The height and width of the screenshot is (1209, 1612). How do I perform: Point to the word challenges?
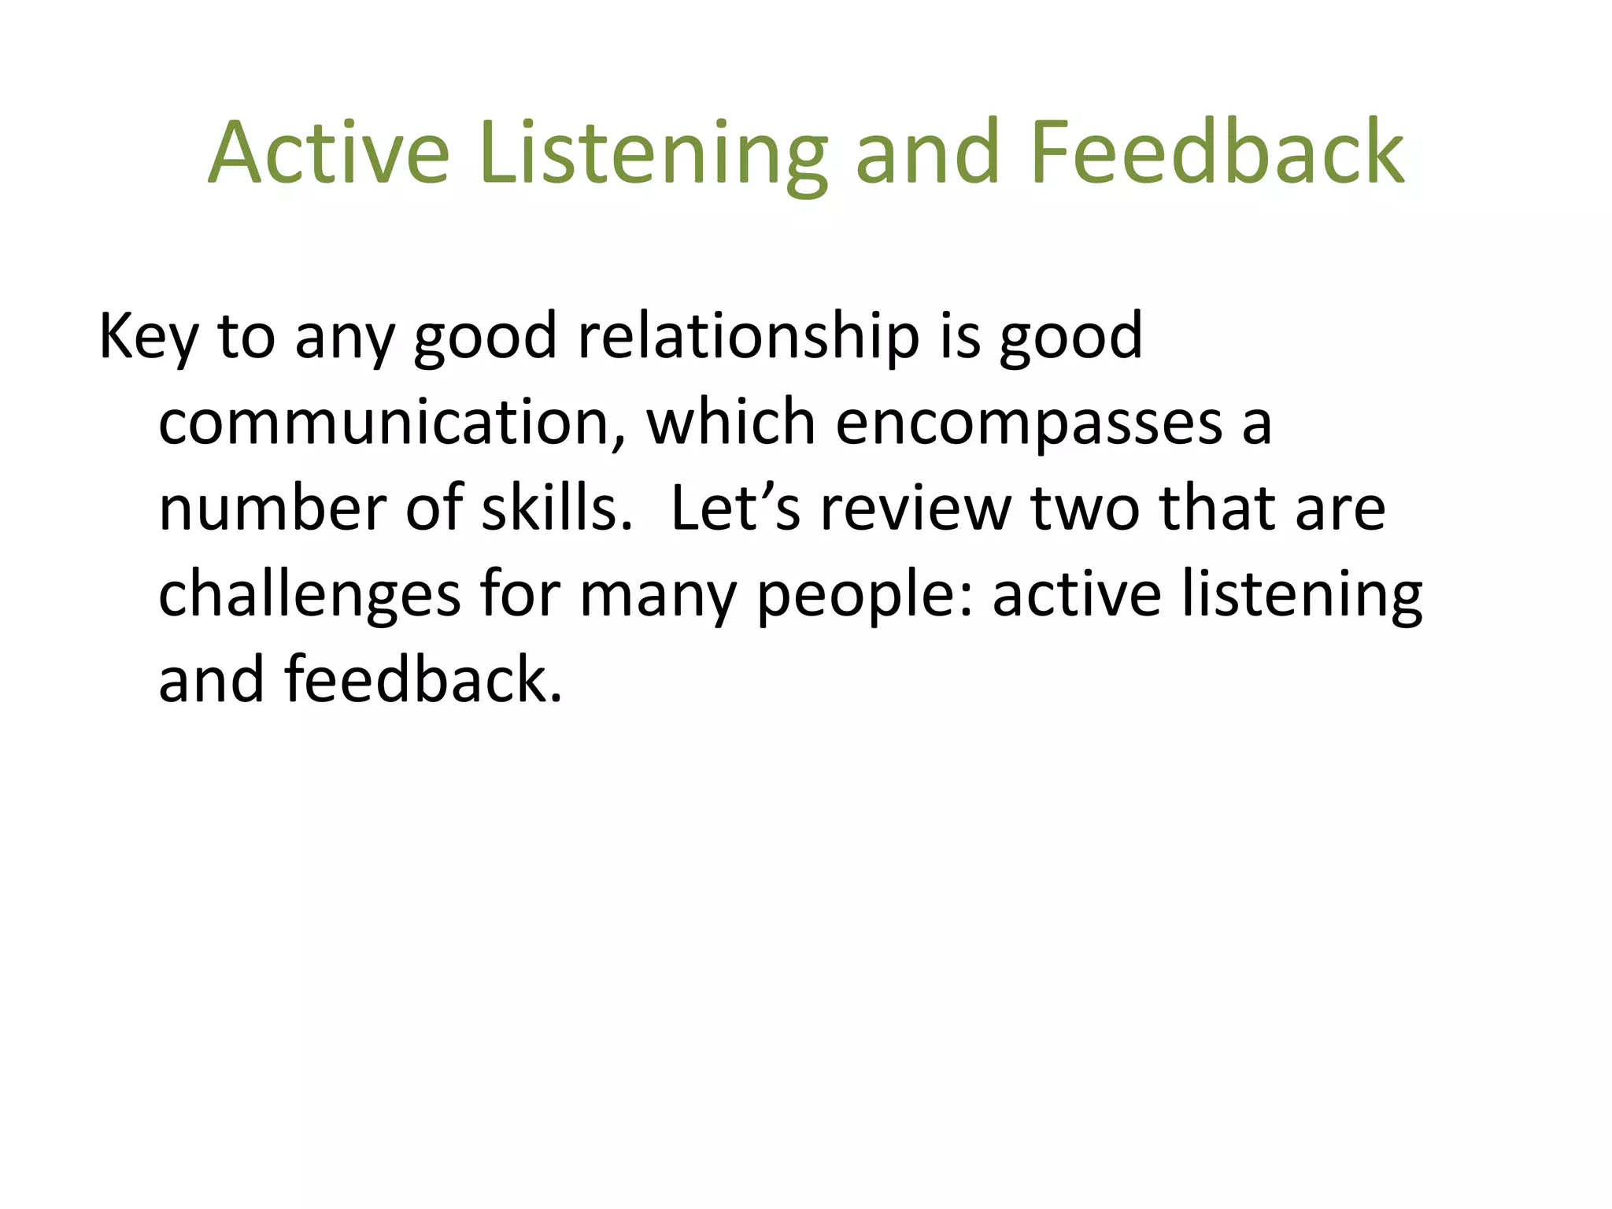(x=309, y=595)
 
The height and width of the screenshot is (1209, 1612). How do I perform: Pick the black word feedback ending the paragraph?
(x=423, y=679)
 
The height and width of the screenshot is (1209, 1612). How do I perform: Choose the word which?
(x=730, y=423)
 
